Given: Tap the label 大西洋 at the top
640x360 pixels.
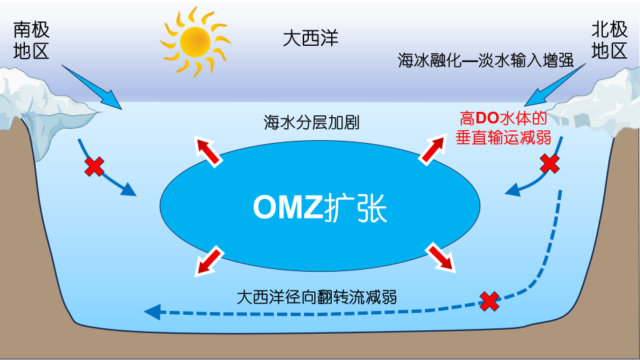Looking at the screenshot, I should [310, 38].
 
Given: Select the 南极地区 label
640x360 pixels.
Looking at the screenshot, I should [32, 40].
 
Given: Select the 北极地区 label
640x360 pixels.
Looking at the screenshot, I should [609, 40].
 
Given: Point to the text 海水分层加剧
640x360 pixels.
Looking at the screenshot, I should [311, 123].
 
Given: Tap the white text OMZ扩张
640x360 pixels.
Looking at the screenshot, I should [320, 208].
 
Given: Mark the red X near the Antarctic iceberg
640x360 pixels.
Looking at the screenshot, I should [94, 166].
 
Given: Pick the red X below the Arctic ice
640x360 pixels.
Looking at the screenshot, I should [550, 162].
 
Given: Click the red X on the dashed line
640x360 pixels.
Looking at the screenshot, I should [489, 301].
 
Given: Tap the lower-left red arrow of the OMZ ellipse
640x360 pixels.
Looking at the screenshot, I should [208, 263].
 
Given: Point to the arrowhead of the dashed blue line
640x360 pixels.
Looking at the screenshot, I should [152, 311].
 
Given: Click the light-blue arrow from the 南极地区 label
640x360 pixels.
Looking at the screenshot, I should [91, 87].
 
